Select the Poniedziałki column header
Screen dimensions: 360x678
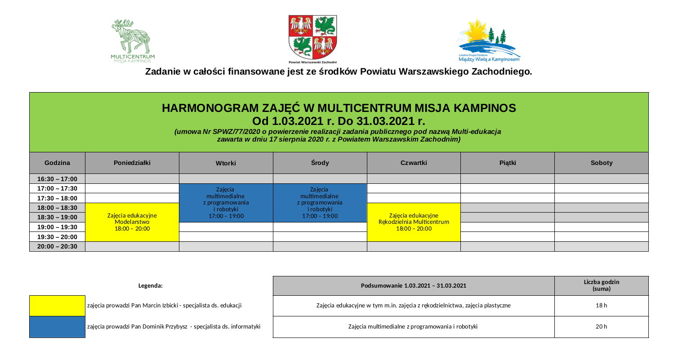click(x=132, y=163)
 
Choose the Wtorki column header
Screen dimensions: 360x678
click(x=226, y=163)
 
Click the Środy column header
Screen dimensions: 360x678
click(x=320, y=163)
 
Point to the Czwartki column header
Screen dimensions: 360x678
click(x=413, y=163)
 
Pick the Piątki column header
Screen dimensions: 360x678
click(x=507, y=163)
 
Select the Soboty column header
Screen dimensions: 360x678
click(x=602, y=163)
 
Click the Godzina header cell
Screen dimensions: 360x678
click(x=57, y=163)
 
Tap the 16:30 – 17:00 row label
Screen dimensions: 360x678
click(x=57, y=179)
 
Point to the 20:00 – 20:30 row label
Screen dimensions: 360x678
click(x=57, y=246)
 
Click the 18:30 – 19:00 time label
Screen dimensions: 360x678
click(x=57, y=218)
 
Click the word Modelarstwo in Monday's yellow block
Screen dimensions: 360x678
click(x=132, y=222)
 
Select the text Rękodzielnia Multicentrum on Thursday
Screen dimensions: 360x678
click(x=414, y=222)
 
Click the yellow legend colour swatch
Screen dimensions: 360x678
click(x=57, y=306)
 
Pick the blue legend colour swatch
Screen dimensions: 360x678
click(x=57, y=326)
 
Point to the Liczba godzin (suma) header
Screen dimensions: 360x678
click(x=601, y=285)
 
